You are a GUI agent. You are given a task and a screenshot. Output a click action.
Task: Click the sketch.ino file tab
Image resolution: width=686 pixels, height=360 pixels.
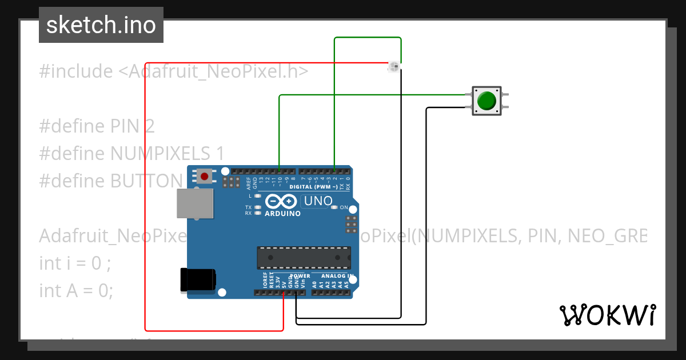[x=101, y=25]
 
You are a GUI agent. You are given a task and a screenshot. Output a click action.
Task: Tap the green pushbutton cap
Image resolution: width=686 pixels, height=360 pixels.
[x=486, y=101]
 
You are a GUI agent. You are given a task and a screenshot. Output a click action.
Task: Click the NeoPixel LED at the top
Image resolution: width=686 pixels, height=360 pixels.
[x=393, y=67]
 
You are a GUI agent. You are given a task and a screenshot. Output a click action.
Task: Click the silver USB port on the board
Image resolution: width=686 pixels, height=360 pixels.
[x=194, y=203]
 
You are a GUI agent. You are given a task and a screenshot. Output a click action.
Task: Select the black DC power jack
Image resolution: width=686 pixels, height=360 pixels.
[x=198, y=279]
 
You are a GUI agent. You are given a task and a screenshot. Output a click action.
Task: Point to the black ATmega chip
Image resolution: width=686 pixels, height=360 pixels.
[x=303, y=258]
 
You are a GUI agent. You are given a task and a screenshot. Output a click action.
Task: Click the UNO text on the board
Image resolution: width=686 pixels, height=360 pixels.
[x=318, y=201]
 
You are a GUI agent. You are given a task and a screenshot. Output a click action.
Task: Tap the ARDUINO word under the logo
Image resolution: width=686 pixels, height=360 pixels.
[x=282, y=214]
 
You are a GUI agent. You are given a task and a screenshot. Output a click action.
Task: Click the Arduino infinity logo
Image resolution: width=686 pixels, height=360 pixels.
[x=281, y=202]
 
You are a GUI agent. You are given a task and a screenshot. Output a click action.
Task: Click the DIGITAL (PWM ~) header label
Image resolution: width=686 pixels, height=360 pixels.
[x=313, y=187]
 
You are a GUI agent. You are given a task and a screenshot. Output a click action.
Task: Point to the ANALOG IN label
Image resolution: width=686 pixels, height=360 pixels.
[x=333, y=276]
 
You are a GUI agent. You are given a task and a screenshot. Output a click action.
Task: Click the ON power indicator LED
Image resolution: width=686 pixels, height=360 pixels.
[x=336, y=207]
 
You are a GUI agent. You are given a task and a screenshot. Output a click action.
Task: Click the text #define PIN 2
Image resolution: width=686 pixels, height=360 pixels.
[x=97, y=126]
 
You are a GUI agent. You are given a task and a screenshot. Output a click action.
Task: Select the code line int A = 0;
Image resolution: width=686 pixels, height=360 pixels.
[x=76, y=290]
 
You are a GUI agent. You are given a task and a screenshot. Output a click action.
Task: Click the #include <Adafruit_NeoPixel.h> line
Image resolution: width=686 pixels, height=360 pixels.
[x=174, y=71]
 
